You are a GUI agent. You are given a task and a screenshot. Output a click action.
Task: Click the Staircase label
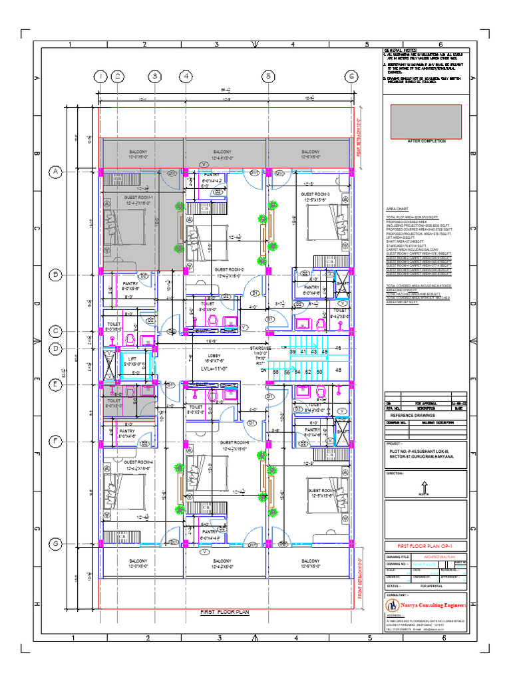(x=261, y=348)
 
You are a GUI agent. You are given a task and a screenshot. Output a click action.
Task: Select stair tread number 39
(x=293, y=351)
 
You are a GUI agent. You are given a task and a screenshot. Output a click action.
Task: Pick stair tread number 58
(x=275, y=372)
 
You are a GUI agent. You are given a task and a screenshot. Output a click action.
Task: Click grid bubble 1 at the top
(x=99, y=76)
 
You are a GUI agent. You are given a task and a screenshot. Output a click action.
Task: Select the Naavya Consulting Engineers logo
(x=393, y=605)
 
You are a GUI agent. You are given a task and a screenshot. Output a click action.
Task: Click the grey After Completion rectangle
(x=426, y=120)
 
